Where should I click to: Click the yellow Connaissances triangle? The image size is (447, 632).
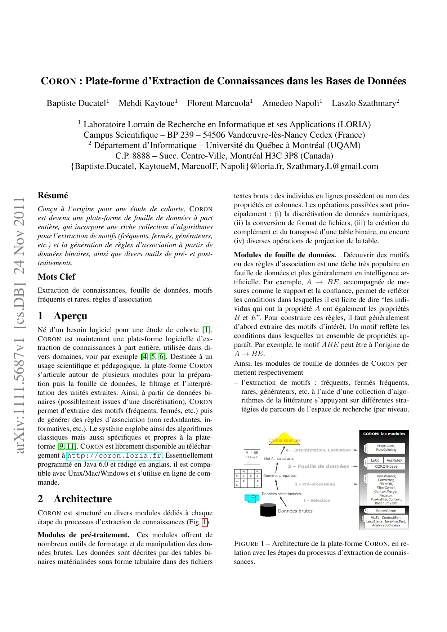point(285,438)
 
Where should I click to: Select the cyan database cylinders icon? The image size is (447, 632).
point(252,498)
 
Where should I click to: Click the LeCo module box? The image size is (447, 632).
point(375,460)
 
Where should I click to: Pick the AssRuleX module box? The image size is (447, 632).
point(394,460)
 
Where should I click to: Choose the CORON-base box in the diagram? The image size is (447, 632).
point(386,467)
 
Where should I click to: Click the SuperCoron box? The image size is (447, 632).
point(386,511)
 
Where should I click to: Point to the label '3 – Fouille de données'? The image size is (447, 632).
point(318,466)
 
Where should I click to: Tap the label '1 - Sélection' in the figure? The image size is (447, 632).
point(317,500)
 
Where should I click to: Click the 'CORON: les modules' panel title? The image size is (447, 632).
point(384,434)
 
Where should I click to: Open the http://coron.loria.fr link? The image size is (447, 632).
point(115,456)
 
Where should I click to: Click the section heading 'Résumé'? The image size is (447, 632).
point(53,195)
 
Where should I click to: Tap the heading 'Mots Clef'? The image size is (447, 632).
point(57,277)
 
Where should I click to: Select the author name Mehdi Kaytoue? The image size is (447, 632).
point(147,103)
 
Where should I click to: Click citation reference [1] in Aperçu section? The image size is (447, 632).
point(206,330)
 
